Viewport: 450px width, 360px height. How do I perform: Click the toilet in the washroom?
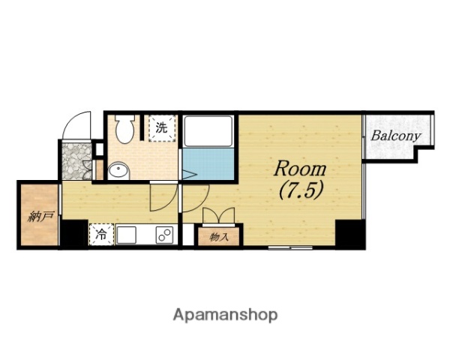point(124,127)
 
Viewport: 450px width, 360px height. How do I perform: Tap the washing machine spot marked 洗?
point(162,128)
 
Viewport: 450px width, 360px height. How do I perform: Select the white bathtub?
point(208,131)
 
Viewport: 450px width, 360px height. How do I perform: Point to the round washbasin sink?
point(118,170)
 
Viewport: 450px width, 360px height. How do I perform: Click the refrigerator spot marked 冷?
point(101,235)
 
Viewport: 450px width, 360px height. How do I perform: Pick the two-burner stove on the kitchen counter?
point(164,235)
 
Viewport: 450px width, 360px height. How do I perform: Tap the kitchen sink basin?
point(127,235)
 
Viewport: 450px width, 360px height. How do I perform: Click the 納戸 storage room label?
point(40,217)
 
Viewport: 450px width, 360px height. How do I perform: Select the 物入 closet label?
point(219,237)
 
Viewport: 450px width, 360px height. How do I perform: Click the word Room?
point(300,169)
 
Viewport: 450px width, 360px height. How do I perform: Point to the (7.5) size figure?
point(301,190)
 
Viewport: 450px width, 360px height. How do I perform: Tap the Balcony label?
point(396,136)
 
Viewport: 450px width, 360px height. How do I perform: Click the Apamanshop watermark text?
point(225,315)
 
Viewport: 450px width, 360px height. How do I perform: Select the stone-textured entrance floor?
point(76,161)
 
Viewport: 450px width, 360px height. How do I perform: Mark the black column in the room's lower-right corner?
point(349,234)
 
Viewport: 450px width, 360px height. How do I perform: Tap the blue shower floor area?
point(208,164)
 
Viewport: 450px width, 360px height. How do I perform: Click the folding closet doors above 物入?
point(219,215)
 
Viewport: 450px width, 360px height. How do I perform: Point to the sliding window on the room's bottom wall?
point(290,247)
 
